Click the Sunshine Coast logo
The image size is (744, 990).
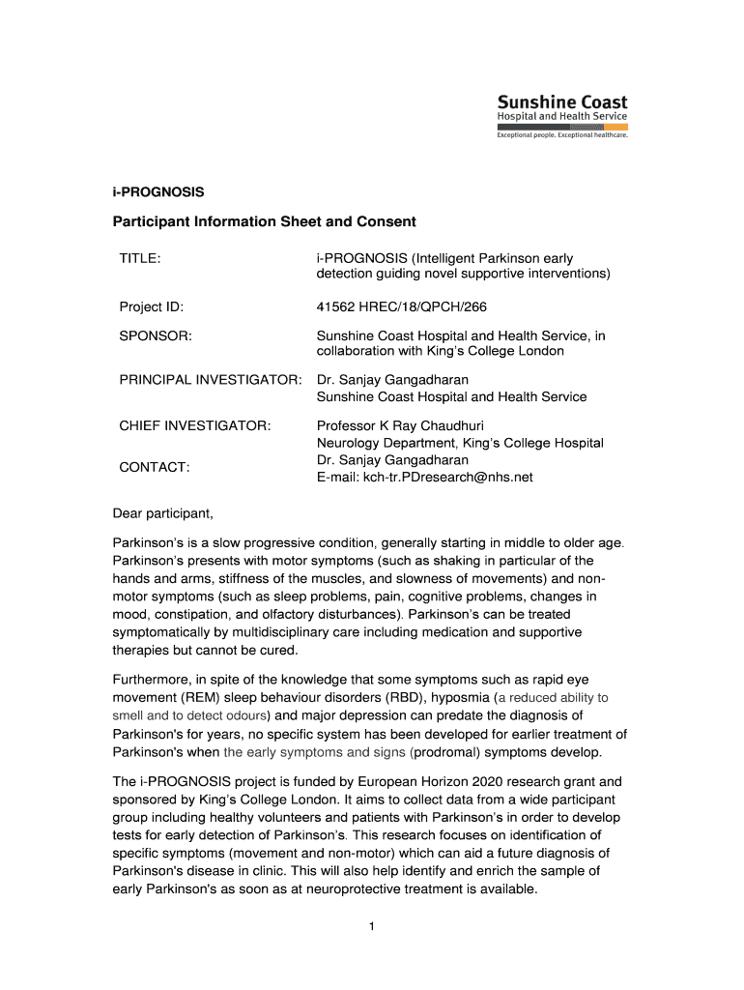click(x=562, y=116)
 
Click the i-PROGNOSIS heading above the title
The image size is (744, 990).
click(x=158, y=191)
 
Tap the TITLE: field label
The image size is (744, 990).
click(x=139, y=258)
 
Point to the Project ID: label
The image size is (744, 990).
click(x=152, y=307)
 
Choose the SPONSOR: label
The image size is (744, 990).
click(x=156, y=335)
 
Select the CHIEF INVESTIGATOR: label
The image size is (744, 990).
click(x=194, y=424)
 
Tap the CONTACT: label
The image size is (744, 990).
click(x=155, y=467)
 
